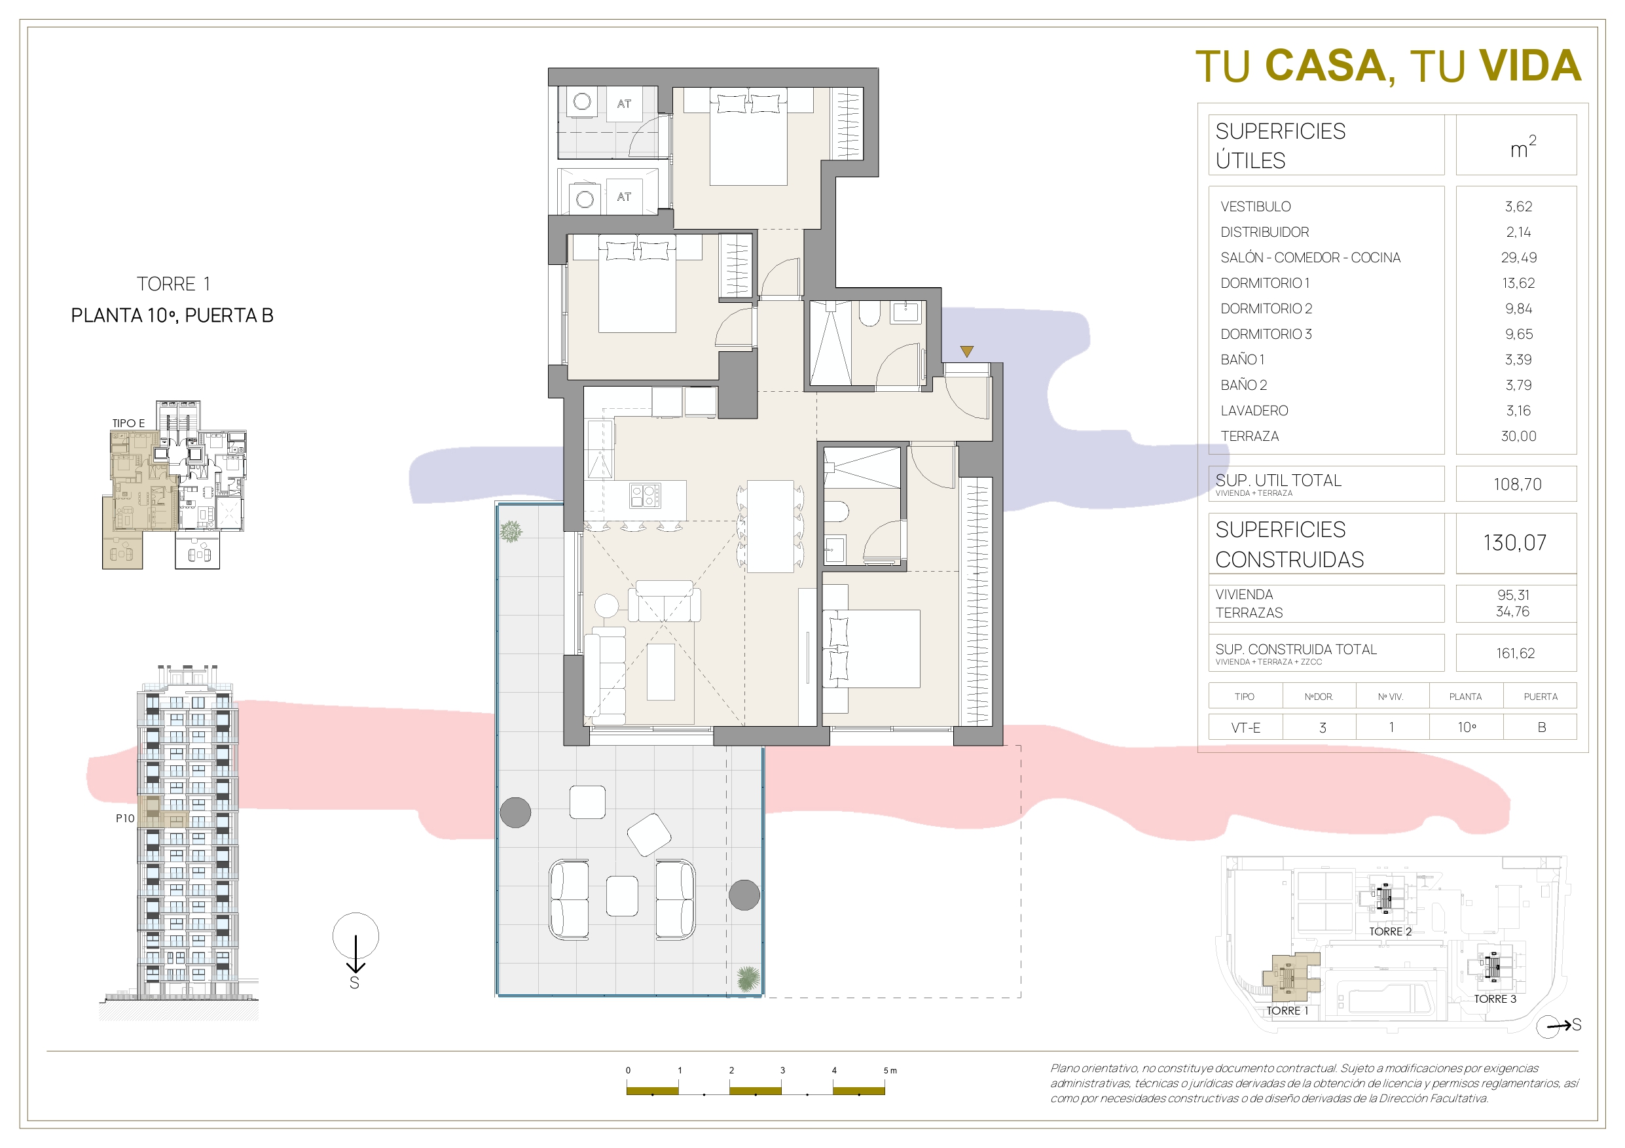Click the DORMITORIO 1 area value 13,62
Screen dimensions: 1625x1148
tap(1518, 283)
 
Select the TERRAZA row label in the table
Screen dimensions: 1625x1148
tap(1249, 436)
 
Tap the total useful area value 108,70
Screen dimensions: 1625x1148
tap(1518, 484)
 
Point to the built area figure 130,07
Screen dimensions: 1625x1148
tap(1514, 542)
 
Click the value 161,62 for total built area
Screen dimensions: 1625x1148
tap(1515, 653)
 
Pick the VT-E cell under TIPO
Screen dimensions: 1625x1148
tap(1246, 727)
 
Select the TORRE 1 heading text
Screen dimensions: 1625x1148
tap(173, 284)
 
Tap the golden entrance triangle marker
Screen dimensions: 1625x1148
tap(967, 351)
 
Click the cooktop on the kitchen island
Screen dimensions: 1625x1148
tap(645, 495)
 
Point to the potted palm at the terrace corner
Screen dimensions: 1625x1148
tap(748, 979)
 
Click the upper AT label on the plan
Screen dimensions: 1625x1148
tap(623, 103)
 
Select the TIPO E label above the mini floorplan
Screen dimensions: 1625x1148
tap(128, 423)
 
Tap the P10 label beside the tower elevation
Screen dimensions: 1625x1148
tap(125, 818)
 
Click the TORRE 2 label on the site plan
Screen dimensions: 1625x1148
tap(1390, 931)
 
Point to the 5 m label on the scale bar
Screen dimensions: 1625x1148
tap(890, 1070)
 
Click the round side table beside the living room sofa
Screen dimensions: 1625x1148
tap(606, 606)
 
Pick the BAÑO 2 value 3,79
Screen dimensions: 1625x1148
tap(1518, 385)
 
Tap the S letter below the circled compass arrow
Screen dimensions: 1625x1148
tap(355, 983)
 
